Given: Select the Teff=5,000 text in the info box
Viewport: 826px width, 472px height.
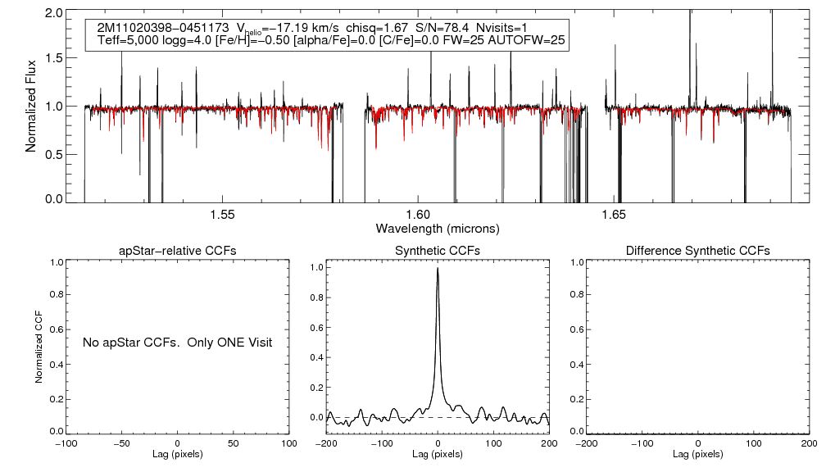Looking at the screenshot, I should (x=124, y=39).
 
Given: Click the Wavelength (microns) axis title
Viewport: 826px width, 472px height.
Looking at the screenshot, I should (x=437, y=228).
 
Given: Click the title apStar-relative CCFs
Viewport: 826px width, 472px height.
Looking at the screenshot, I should (x=179, y=250).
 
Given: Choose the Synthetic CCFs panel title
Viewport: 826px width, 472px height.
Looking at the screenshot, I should (x=438, y=250).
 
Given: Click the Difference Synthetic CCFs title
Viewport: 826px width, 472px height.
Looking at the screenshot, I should (x=697, y=250).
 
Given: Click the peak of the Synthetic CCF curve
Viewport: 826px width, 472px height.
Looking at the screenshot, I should (x=438, y=268).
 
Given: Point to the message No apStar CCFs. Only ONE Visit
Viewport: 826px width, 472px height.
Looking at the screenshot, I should (x=177, y=342).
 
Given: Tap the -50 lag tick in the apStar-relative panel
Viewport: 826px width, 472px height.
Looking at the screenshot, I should (x=122, y=443).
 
